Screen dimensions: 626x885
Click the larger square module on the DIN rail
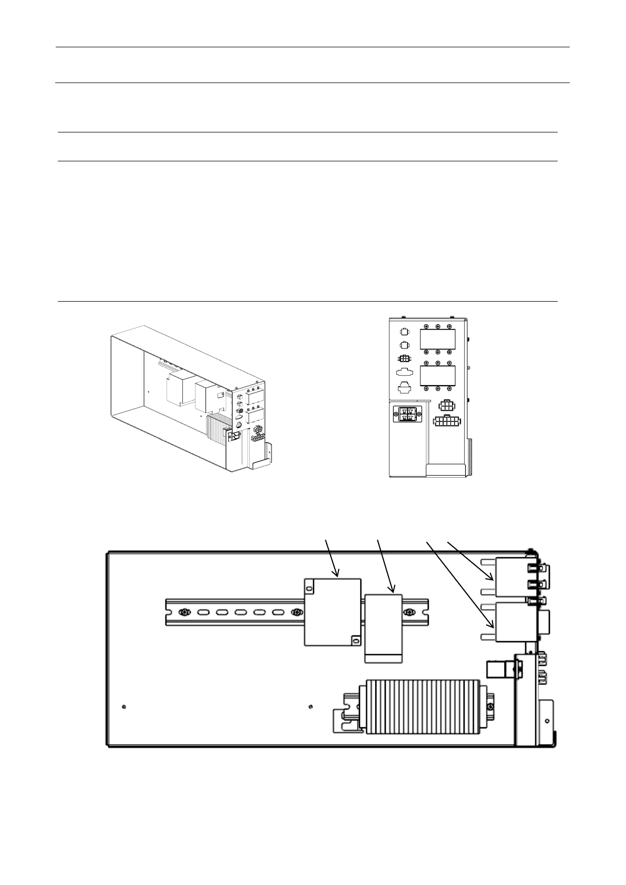pyautogui.click(x=332, y=612)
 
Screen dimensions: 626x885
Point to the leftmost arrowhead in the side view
pyautogui.click(x=336, y=574)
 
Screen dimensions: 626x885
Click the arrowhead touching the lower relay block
pyautogui.click(x=492, y=625)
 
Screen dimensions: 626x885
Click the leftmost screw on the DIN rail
pyautogui.click(x=184, y=612)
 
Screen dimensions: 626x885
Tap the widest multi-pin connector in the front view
pyautogui.click(x=447, y=422)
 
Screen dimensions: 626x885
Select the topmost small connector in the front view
pyautogui.click(x=404, y=332)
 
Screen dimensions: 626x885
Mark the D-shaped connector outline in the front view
pyautogui.click(x=405, y=373)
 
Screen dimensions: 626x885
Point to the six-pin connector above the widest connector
pyautogui.click(x=446, y=406)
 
